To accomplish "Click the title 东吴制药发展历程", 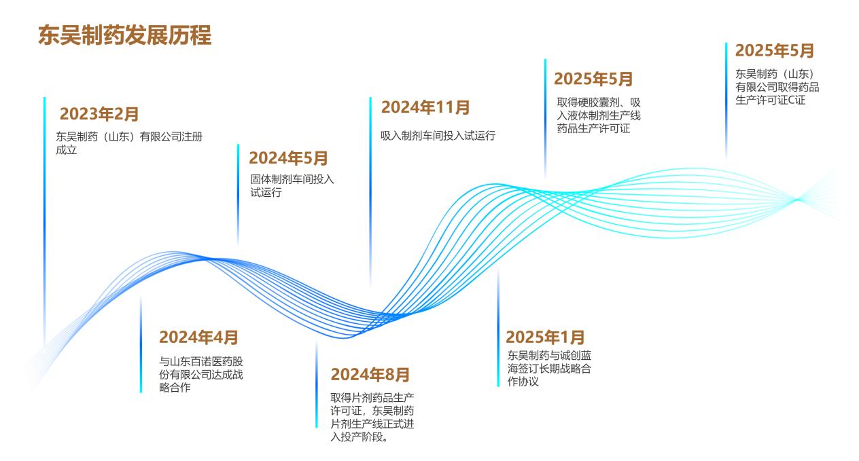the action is (124, 35).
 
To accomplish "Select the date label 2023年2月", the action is (99, 114).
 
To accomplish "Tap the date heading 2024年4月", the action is (198, 337).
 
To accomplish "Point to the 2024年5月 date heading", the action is (288, 158).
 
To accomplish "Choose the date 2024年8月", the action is (370, 374).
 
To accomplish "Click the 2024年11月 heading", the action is (425, 107).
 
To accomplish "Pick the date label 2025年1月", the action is (545, 337).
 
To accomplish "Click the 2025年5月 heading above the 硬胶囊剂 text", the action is (593, 79).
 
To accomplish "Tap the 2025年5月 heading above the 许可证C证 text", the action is (775, 51).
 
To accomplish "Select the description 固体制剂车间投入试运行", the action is (292, 185).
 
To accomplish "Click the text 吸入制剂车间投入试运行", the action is (438, 136).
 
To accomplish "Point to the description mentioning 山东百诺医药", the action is (201, 374).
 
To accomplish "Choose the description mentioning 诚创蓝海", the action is (549, 368).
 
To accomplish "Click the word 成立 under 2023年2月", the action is (67, 150).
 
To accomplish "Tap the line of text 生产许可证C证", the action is (770, 100).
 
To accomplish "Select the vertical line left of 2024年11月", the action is (370, 191).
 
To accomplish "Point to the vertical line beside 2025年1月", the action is (498, 328).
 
